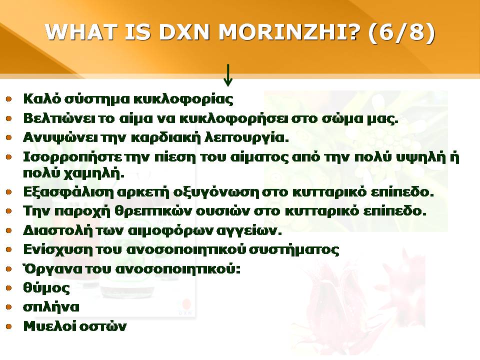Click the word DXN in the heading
pyautogui.click(x=184, y=31)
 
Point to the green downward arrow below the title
pyautogui.click(x=228, y=75)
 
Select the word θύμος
pyautogui.click(x=46, y=288)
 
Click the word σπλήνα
pyautogui.click(x=51, y=307)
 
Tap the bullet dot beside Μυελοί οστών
pyautogui.click(x=8, y=326)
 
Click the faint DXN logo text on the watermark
pyautogui.click(x=185, y=313)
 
